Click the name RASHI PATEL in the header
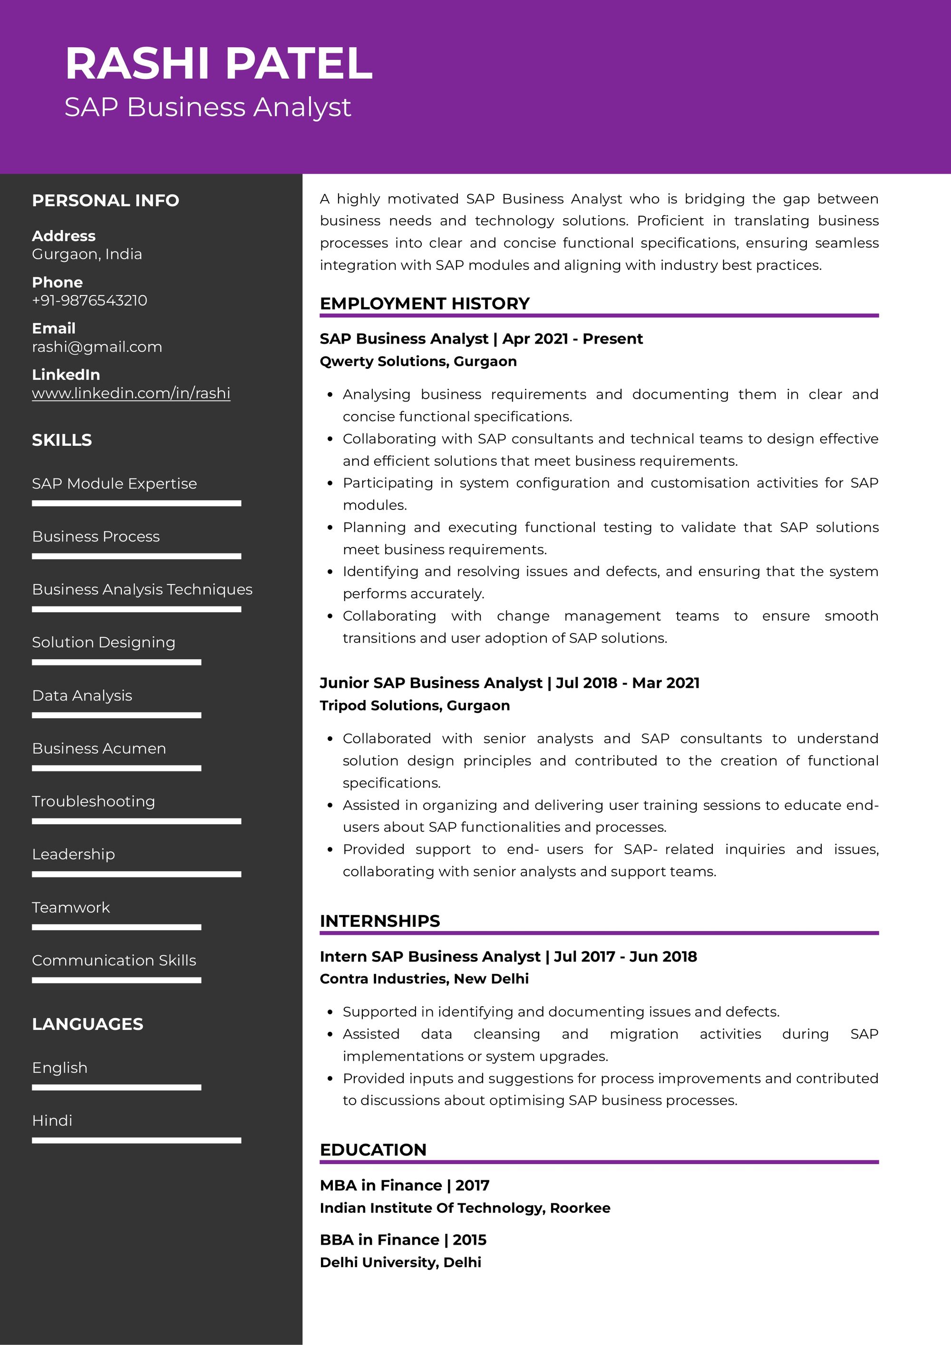click(219, 63)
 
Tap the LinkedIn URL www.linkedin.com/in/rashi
click(131, 393)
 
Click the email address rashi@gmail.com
click(97, 347)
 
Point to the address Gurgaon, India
click(87, 254)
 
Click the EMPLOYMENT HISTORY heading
click(424, 303)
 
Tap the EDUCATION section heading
click(373, 1149)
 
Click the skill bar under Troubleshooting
click(136, 821)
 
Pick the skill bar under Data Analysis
click(116, 715)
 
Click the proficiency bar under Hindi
click(136, 1141)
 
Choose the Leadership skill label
click(73, 854)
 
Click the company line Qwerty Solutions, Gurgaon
click(418, 362)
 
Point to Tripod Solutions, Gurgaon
click(414, 705)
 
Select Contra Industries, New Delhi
click(424, 979)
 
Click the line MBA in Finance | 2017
click(404, 1185)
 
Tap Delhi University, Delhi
click(400, 1262)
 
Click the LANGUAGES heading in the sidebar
click(87, 1024)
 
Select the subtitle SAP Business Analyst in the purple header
click(207, 107)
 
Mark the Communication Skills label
click(114, 960)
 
